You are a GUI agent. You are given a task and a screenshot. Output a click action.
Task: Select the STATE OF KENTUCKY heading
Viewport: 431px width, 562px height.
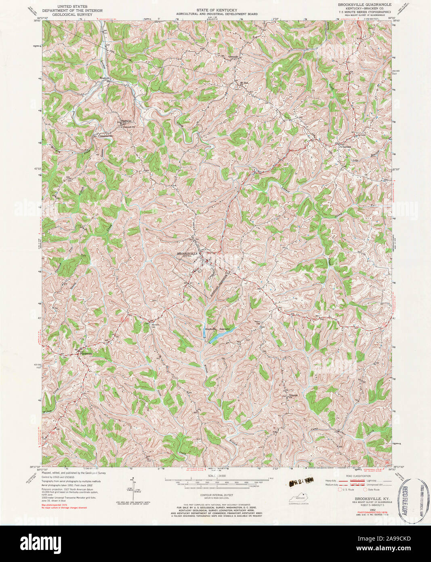[x=217, y=9]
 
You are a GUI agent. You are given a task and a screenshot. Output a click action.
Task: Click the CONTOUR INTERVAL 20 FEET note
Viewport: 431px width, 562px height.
[x=217, y=495]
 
